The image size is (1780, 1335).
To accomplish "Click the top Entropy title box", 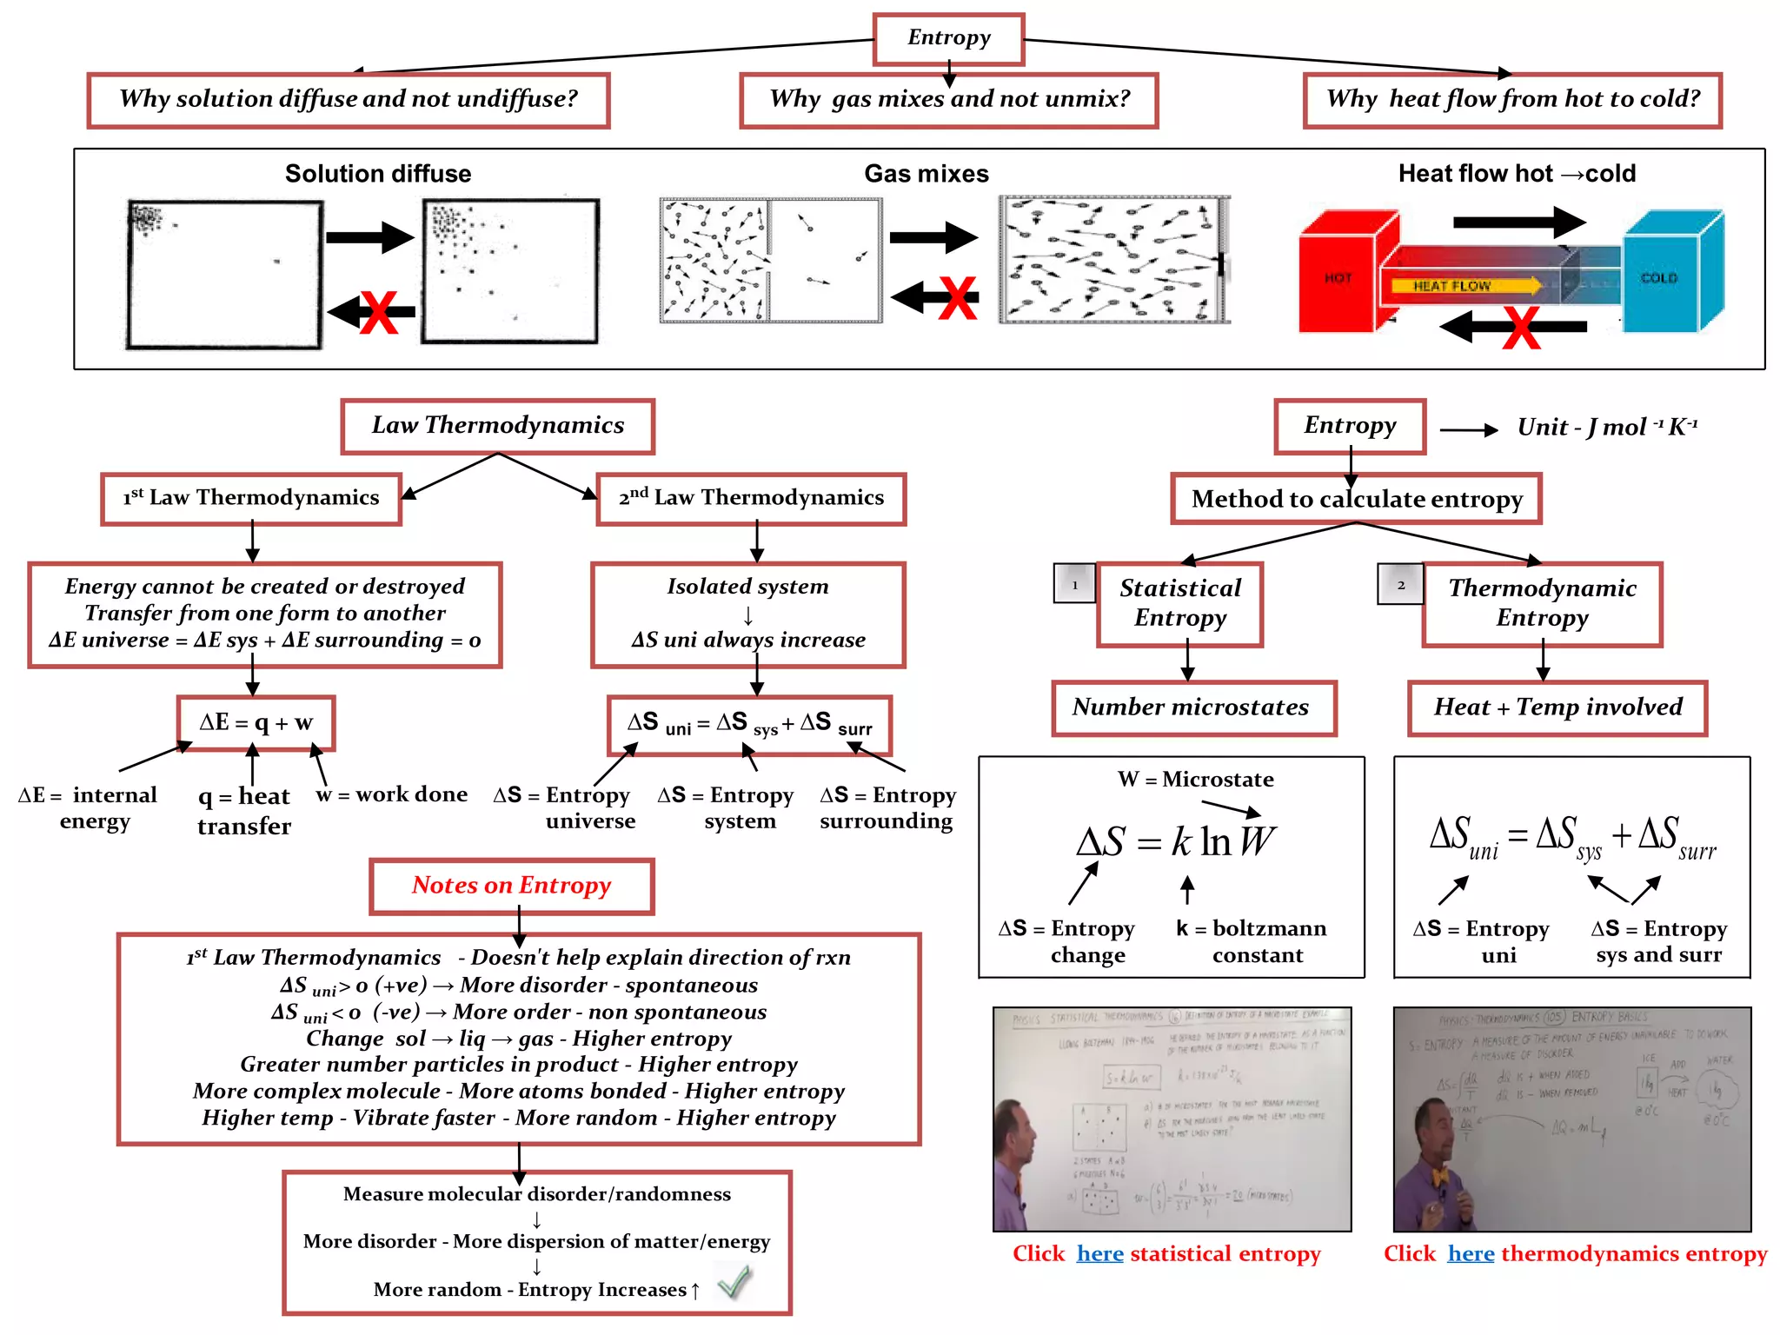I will point(948,38).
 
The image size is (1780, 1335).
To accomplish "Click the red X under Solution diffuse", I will point(379,313).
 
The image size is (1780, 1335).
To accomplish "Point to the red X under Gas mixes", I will point(958,298).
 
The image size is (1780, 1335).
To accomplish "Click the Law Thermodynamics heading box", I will point(497,426).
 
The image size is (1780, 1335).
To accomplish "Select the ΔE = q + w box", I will point(256,723).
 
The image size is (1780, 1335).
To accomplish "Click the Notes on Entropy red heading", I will point(511,886).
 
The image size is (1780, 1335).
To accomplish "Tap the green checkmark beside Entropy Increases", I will point(735,1282).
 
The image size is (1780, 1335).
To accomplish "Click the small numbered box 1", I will point(1074,584).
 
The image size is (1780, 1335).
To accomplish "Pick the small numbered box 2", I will point(1400,584).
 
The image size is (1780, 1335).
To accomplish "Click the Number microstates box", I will point(1192,707).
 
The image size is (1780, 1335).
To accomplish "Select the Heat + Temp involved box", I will point(1557,707).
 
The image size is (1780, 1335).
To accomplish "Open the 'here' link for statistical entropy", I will point(1099,1253).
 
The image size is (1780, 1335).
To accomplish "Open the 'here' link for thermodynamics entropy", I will point(1471,1253).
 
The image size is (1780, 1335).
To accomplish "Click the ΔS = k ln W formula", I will point(1175,841).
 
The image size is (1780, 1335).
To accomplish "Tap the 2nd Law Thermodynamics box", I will point(751,498).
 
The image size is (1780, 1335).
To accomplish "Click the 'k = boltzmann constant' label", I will point(1251,941).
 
